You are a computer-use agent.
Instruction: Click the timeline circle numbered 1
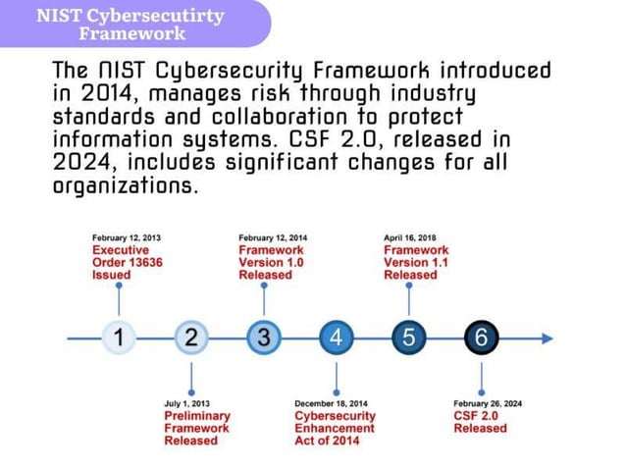(x=119, y=338)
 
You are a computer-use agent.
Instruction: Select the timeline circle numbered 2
(x=191, y=338)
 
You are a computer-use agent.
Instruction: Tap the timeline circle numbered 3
(x=264, y=338)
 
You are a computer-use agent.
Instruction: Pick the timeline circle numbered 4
(x=337, y=338)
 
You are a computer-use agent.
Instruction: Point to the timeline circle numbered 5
(x=409, y=338)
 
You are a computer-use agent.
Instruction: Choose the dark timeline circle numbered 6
(x=481, y=338)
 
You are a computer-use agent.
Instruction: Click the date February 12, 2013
(x=127, y=238)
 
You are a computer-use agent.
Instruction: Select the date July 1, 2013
(x=186, y=403)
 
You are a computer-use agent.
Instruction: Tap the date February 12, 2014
(x=273, y=238)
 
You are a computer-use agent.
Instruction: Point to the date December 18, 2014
(x=332, y=403)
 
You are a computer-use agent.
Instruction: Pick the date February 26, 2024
(x=488, y=403)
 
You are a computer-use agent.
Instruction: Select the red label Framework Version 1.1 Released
(x=416, y=263)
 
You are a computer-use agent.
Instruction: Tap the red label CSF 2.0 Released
(x=481, y=422)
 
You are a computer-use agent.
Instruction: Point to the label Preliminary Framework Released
(x=196, y=428)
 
